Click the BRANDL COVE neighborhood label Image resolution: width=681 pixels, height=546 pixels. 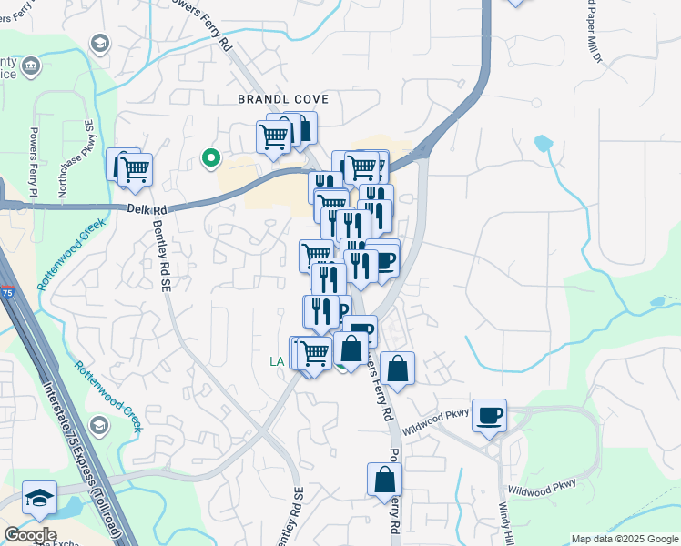(282, 98)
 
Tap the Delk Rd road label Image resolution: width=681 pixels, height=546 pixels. (147, 210)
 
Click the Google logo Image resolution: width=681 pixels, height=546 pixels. (30, 535)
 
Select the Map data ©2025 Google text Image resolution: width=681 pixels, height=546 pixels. (625, 539)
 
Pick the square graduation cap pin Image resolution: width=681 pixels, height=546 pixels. (39, 498)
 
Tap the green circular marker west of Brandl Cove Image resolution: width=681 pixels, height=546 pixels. (211, 158)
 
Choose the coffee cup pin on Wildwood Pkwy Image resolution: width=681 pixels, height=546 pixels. (490, 415)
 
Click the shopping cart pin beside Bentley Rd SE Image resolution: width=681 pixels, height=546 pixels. (133, 168)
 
